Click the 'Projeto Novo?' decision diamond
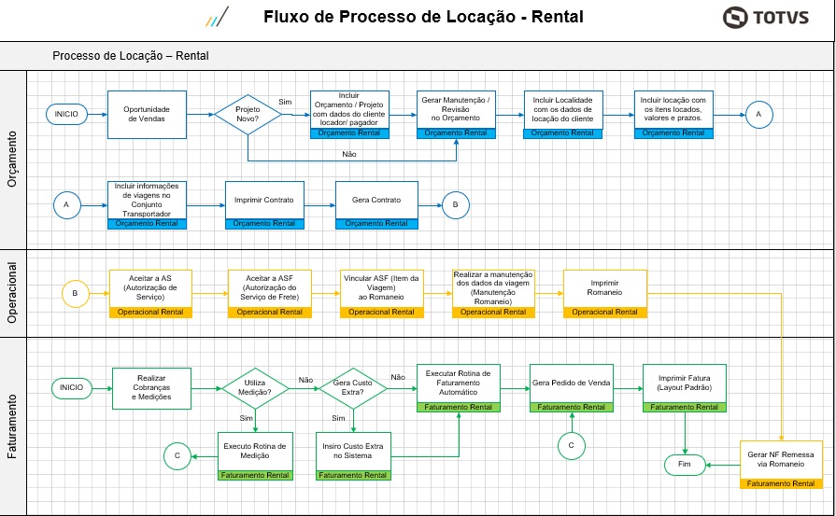pyautogui.click(x=248, y=114)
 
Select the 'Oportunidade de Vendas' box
pyautogui.click(x=148, y=114)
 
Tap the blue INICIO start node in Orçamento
pyautogui.click(x=66, y=114)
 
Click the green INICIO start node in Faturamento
pyautogui.click(x=72, y=387)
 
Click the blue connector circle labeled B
pyautogui.click(x=456, y=204)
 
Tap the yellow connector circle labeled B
pyautogui.click(x=76, y=293)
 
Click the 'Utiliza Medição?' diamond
pyautogui.click(x=257, y=388)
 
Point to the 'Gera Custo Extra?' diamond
pyautogui.click(x=353, y=388)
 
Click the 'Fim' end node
pyautogui.click(x=685, y=464)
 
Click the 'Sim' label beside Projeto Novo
pyautogui.click(x=286, y=102)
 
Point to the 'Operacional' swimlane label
pyautogui.click(x=13, y=291)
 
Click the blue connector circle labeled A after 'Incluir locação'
pyautogui.click(x=758, y=114)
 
